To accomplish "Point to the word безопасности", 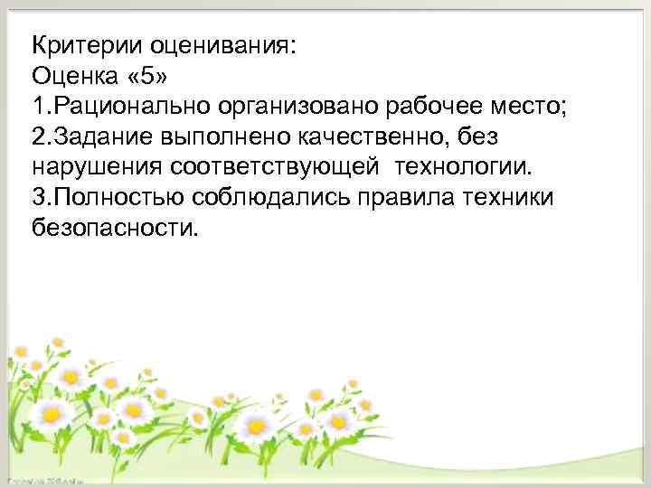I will (113, 230).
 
